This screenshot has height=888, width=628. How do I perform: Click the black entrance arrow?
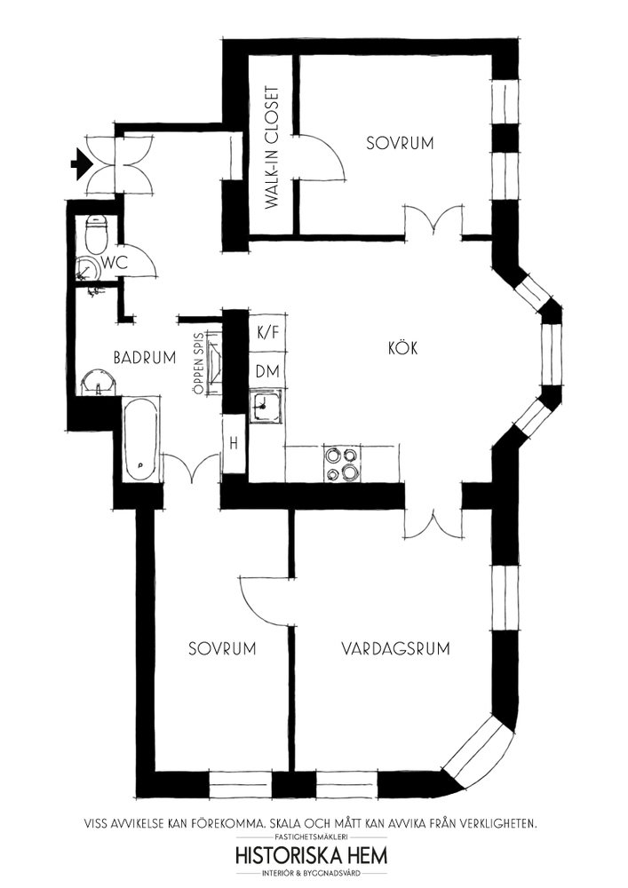click(x=81, y=163)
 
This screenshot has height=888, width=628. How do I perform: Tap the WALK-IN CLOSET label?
click(x=273, y=147)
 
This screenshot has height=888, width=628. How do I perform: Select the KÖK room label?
click(x=403, y=347)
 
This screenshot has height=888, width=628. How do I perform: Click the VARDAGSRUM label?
click(x=395, y=648)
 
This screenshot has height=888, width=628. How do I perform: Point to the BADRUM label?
click(x=145, y=358)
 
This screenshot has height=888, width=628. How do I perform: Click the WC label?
click(x=115, y=262)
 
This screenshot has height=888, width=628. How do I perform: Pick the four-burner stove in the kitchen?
click(x=341, y=464)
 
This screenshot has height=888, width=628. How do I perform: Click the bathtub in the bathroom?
click(x=141, y=440)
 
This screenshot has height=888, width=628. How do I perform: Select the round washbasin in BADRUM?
click(x=99, y=382)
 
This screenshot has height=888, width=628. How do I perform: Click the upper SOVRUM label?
click(x=400, y=143)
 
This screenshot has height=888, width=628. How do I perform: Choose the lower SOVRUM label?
click(x=222, y=648)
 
